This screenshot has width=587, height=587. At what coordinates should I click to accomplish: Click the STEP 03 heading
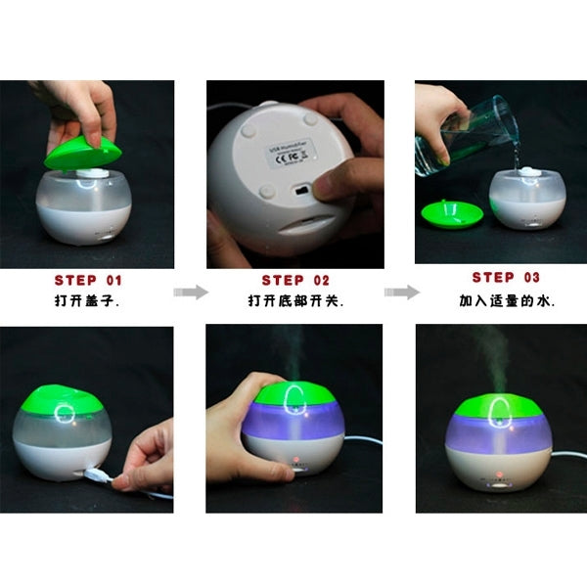[506, 278]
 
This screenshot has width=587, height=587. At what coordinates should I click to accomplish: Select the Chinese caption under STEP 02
[295, 301]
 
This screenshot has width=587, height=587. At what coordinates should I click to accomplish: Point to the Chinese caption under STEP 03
[506, 300]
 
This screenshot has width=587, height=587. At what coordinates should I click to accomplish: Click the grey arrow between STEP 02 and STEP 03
[400, 292]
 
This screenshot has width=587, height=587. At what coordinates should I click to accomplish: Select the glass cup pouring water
[460, 137]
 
